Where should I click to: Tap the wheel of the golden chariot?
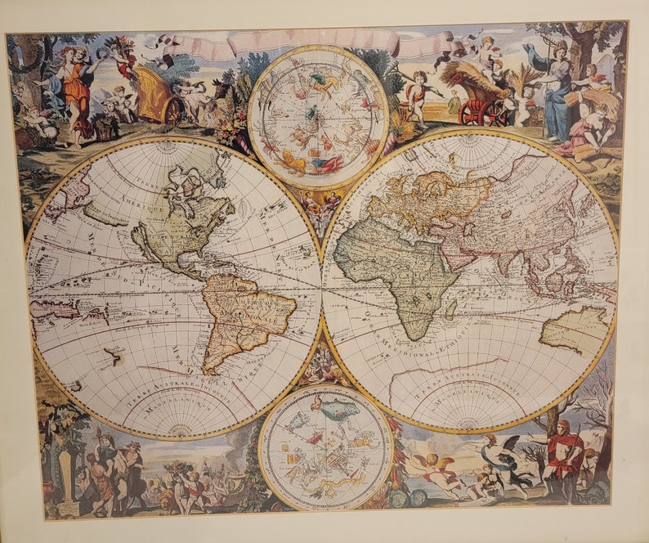pos(172,110)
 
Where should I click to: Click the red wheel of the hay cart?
pos(473,113)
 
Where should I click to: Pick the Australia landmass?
pos(575,330)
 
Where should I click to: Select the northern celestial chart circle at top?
pos(318,115)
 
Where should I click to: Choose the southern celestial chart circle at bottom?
pos(326,449)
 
